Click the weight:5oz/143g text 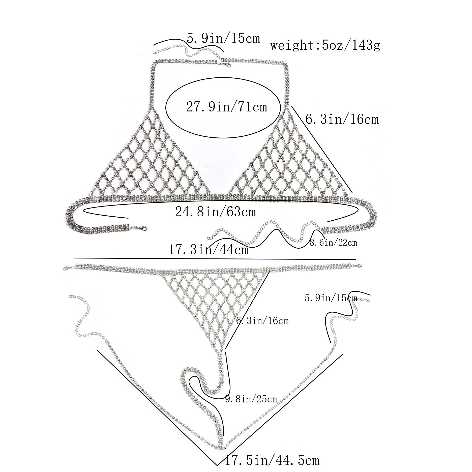coord(325,46)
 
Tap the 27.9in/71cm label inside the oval coord(226,107)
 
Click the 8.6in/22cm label coord(334,243)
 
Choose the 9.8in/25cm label coord(251,399)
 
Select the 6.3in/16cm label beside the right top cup coord(342,119)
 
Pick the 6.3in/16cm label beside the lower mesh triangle coord(262,321)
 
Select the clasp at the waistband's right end coord(358,266)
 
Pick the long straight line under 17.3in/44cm coord(215,258)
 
